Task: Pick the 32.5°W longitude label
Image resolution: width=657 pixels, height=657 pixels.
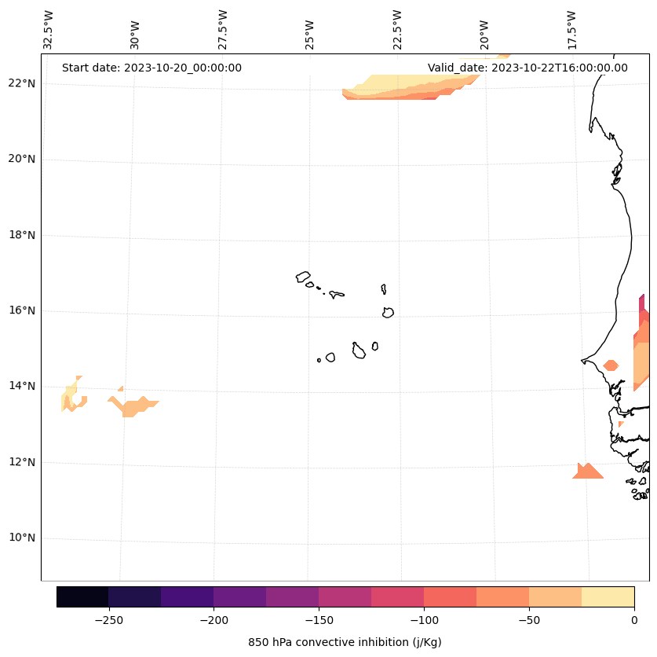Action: tap(49, 30)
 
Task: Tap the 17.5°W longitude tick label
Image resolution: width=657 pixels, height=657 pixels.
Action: tap(571, 30)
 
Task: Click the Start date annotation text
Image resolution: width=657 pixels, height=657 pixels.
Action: tap(151, 68)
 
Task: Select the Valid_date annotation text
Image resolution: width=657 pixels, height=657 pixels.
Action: tap(527, 68)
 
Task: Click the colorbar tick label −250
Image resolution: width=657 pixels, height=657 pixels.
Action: tap(108, 620)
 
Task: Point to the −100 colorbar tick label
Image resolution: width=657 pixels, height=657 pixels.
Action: tap(424, 620)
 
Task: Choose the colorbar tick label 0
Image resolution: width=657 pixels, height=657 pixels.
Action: tap(633, 620)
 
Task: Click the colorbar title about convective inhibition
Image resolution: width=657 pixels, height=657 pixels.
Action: tap(345, 642)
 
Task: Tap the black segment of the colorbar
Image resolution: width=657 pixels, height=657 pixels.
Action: tap(82, 596)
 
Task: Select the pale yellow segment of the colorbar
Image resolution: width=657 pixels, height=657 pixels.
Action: tap(608, 596)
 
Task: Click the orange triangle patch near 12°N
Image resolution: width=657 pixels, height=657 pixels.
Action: tap(587, 472)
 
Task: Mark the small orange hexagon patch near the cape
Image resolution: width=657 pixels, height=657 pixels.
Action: tap(611, 365)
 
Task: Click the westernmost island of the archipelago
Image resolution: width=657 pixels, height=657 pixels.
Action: tap(303, 277)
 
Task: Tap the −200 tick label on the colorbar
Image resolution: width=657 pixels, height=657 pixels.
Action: tap(214, 620)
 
